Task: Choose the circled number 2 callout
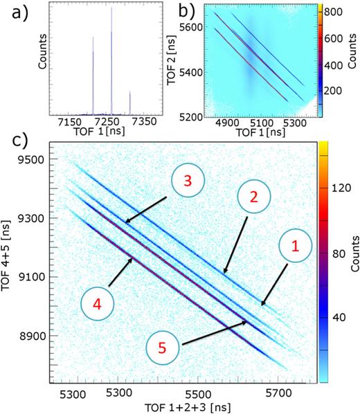pos(254,196)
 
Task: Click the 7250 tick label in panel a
pos(110,123)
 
